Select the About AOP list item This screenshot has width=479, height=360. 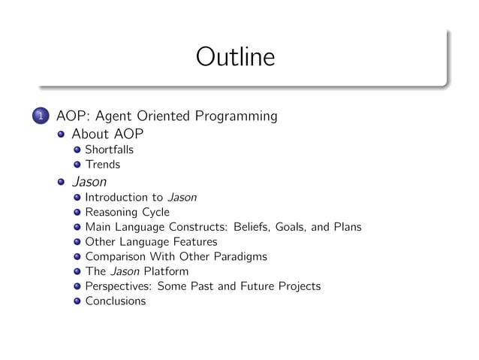click(x=107, y=135)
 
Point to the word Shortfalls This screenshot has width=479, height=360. click(x=109, y=150)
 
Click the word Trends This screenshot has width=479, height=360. click(x=102, y=164)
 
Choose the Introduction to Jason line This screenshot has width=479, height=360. click(x=140, y=198)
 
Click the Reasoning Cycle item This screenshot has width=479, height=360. click(x=127, y=213)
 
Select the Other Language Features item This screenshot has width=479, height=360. click(x=151, y=242)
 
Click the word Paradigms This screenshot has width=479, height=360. click(x=239, y=256)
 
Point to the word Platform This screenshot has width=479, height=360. click(x=167, y=271)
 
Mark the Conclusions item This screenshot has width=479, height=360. click(x=116, y=301)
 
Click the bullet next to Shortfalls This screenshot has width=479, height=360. click(x=77, y=150)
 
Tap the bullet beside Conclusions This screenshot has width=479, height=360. click(x=77, y=301)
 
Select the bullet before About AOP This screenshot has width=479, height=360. click(x=62, y=135)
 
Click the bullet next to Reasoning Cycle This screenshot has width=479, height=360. click(x=77, y=213)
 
